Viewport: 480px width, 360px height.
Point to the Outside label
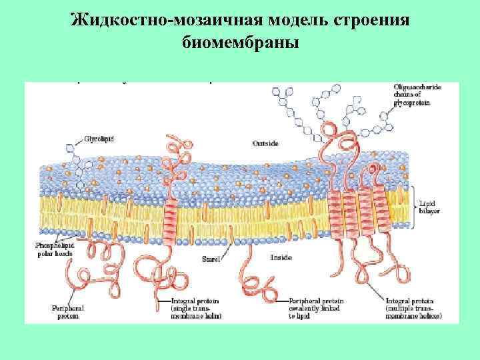pyautogui.click(x=265, y=143)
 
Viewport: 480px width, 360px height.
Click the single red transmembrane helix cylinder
pyautogui.click(x=171, y=221)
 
